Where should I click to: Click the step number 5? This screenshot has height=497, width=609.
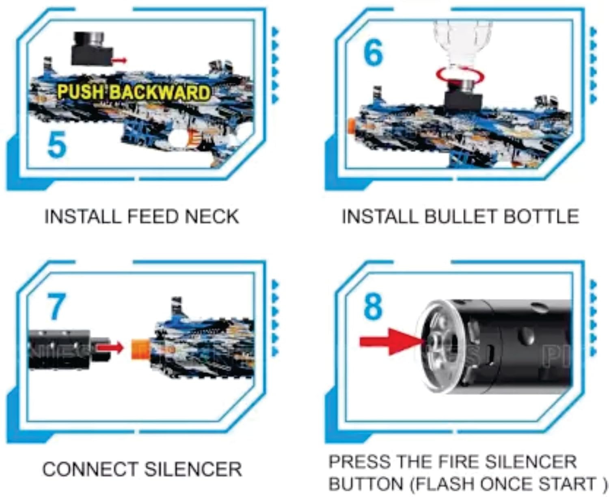point(57,145)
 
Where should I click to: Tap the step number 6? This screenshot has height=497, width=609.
point(374,53)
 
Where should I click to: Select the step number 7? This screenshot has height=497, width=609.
point(56,306)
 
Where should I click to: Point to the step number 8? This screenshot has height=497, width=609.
point(373,306)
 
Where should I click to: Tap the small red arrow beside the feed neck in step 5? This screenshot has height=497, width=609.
point(119,60)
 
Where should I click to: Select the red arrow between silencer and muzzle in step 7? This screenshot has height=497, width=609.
point(110,348)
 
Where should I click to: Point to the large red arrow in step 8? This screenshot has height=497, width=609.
point(392,342)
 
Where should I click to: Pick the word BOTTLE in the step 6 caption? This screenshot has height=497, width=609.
point(541,217)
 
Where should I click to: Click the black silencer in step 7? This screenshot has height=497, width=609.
point(69,350)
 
